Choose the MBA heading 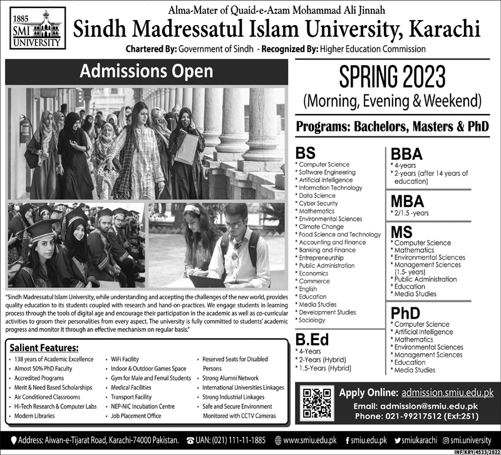[408, 202]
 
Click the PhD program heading [405, 313]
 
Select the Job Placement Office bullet [137, 416]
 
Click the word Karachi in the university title [441, 29]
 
